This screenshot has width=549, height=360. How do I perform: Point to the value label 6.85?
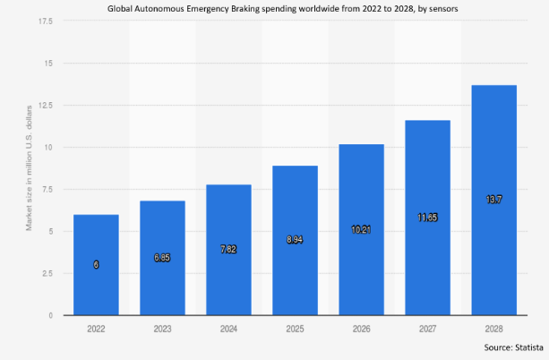[x=162, y=257]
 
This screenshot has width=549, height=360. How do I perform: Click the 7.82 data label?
[x=228, y=248]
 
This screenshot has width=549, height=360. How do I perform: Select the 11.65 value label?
[x=427, y=217]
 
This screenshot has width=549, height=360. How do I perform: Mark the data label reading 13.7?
[x=493, y=200]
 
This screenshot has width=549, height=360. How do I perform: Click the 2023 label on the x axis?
[x=162, y=328]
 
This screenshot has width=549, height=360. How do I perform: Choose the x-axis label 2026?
[x=361, y=328]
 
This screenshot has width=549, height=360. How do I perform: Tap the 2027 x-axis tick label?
[x=427, y=328]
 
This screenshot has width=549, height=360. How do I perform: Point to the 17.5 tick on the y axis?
[x=46, y=21]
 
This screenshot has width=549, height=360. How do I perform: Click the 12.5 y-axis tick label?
[x=46, y=105]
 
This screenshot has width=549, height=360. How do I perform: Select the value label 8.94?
[x=295, y=240]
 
